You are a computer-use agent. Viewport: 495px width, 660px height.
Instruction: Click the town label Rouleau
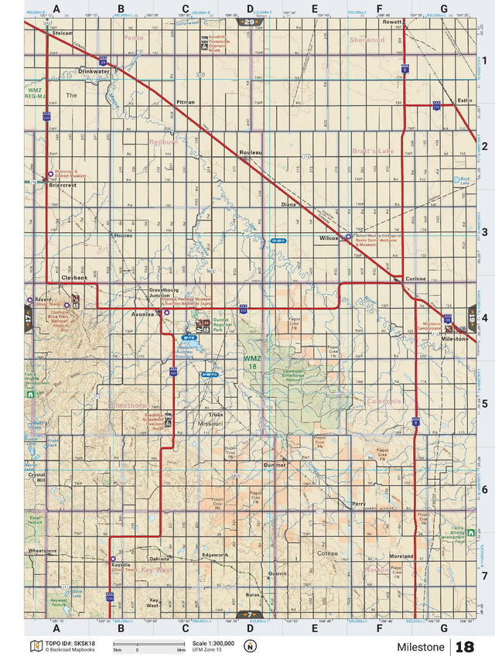pos(251,152)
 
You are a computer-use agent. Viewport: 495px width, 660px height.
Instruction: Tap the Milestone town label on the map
pos(454,339)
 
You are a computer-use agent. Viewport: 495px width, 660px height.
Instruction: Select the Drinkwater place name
pos(94,70)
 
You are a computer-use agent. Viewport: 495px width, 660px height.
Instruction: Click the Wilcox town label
pos(329,238)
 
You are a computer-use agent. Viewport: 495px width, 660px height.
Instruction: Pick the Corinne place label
pos(415,278)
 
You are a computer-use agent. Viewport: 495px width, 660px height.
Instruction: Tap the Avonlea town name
pos(143,314)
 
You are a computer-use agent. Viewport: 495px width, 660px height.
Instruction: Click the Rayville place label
pos(121,565)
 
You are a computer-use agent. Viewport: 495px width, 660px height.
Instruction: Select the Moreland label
pos(402,556)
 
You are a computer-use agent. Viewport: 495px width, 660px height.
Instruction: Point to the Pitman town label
pos(186,102)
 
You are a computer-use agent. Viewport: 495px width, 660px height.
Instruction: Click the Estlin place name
pos(464,101)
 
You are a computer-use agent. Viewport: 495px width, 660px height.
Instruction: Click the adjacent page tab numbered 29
pos(247,22)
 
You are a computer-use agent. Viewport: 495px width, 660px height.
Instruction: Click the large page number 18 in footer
pos(466,647)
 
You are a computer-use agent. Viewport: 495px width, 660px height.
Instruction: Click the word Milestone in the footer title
pos(421,647)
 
